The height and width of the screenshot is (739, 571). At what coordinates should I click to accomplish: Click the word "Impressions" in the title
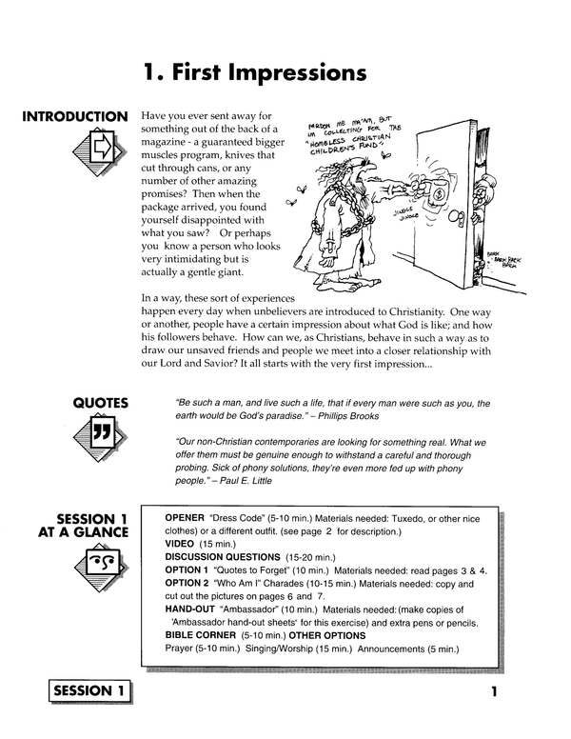(x=299, y=72)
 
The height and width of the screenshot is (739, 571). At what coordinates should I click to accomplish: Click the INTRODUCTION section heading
(x=74, y=117)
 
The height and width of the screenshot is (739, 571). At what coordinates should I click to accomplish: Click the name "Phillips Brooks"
(x=354, y=416)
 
